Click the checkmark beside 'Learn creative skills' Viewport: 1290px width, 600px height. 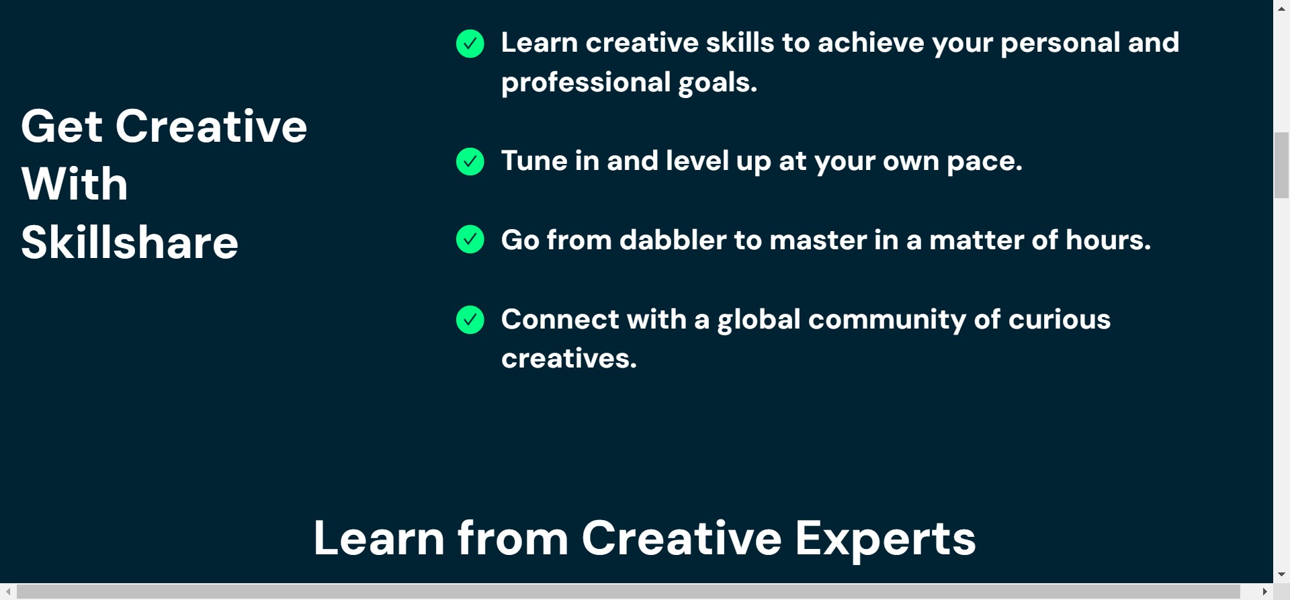[470, 44]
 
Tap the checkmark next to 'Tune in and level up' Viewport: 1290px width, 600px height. [470, 161]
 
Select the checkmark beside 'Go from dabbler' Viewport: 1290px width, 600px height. [470, 239]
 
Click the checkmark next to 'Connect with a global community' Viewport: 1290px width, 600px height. [470, 320]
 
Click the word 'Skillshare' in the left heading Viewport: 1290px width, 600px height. [130, 242]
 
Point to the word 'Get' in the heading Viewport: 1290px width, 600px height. [62, 126]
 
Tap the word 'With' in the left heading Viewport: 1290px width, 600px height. [75, 183]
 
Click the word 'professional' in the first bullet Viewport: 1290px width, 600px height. [586, 83]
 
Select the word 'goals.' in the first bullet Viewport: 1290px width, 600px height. [718, 83]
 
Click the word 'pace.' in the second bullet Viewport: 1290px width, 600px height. [984, 162]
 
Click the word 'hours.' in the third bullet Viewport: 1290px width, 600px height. [1108, 240]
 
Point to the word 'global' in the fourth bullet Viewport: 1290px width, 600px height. [759, 320]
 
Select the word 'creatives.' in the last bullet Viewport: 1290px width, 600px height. [569, 358]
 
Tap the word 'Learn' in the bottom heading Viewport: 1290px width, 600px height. [379, 538]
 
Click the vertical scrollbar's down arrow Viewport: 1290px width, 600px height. [1281, 574]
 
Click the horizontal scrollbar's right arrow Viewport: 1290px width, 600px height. [1265, 592]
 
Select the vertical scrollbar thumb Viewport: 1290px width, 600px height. [1281, 165]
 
